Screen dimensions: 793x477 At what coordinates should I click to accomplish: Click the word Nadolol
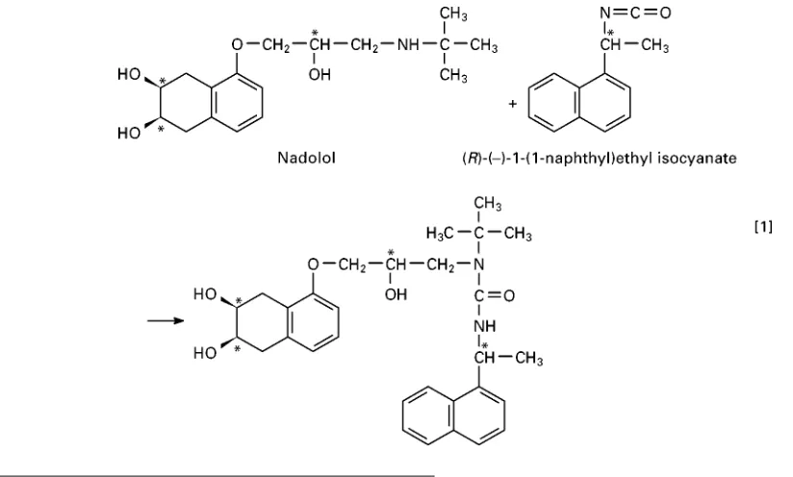[x=306, y=158]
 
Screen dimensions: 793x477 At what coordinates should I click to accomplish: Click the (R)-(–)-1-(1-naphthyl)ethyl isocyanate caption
[x=600, y=158]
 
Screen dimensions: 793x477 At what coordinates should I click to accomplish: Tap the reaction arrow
[x=166, y=320]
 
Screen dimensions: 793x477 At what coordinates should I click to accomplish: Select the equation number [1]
[x=763, y=227]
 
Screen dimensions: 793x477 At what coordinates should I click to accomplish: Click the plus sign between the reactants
[x=513, y=104]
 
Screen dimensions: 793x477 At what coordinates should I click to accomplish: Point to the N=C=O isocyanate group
[x=635, y=13]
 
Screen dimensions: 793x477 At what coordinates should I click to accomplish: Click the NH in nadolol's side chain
[x=408, y=45]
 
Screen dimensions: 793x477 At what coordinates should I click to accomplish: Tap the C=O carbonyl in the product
[x=494, y=295]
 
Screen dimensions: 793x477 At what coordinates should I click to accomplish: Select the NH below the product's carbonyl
[x=485, y=326]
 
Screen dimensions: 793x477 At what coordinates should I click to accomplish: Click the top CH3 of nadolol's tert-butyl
[x=453, y=13]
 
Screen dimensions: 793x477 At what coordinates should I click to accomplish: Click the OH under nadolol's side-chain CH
[x=320, y=75]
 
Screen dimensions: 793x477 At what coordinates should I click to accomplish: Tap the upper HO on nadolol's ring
[x=129, y=74]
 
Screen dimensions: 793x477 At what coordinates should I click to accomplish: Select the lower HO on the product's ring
[x=205, y=353]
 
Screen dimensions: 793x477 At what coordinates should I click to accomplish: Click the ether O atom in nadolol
[x=238, y=45]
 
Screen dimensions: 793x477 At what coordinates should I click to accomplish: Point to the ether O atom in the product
[x=314, y=264]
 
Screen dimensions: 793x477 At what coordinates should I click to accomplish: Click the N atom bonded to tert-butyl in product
[x=478, y=264]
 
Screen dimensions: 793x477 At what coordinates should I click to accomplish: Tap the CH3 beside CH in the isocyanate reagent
[x=655, y=46]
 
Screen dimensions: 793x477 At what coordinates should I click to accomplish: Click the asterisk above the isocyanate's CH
[x=610, y=34]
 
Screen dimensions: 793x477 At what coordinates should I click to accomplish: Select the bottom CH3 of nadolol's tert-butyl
[x=453, y=76]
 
